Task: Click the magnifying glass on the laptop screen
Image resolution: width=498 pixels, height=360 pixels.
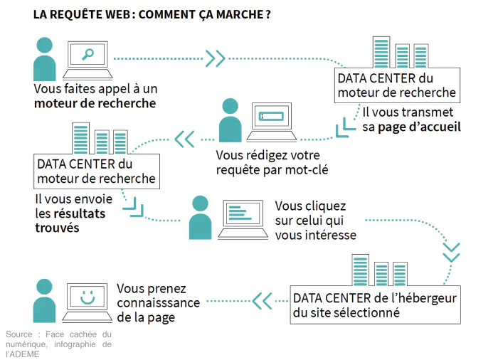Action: [x=89, y=54]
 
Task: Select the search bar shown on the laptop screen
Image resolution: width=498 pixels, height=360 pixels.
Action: [x=271, y=116]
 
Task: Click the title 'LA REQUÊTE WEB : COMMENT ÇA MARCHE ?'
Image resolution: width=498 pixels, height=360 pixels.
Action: [x=152, y=14]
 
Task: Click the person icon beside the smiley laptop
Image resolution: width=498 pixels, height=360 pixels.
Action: [x=44, y=300]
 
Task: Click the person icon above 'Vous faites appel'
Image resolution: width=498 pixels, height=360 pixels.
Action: [x=44, y=58]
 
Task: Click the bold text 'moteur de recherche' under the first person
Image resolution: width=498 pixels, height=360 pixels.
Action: [x=95, y=104]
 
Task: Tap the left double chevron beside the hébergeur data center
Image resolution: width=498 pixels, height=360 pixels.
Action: [x=263, y=300]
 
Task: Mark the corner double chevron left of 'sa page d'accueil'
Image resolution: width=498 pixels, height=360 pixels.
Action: [x=345, y=126]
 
